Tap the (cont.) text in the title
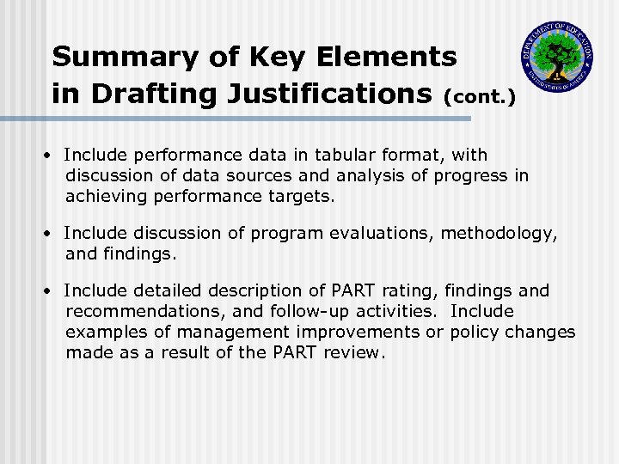tap(479, 97)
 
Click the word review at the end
tap(349, 351)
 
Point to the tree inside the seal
tap(557, 53)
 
